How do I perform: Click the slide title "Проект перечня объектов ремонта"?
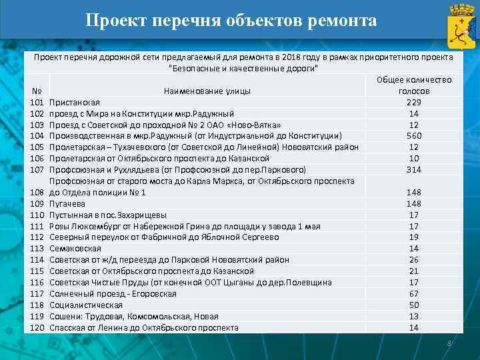point(231,20)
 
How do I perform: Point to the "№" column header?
point(37,91)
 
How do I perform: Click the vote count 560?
point(414,136)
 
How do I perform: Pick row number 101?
point(37,102)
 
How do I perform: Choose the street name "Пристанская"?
point(75,102)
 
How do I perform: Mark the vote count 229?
point(414,102)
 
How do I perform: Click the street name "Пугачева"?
point(67,203)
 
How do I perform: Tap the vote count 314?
point(414,169)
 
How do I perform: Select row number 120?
point(37,328)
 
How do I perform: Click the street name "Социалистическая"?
point(86,305)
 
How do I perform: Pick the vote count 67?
point(414,294)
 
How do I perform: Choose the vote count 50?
point(414,305)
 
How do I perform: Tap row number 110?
point(37,215)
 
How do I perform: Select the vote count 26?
point(414,260)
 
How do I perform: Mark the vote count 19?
point(414,237)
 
